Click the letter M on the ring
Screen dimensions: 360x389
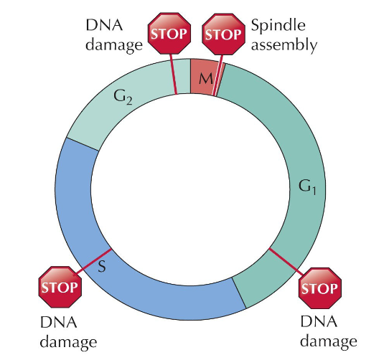tap(204, 77)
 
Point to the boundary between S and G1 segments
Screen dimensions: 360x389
tap(240, 293)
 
